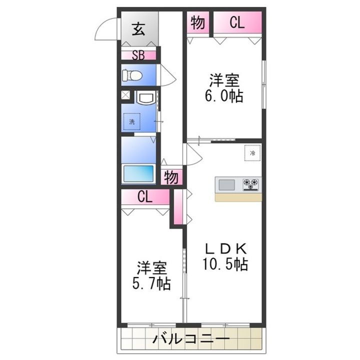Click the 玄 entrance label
click(138, 29)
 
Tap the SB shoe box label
click(138, 55)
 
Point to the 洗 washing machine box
click(132, 121)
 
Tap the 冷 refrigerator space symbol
click(252, 153)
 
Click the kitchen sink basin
click(226, 184)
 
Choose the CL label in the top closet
click(237, 22)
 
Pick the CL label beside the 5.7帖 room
click(144, 197)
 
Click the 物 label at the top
click(198, 22)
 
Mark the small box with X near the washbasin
click(125, 94)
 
